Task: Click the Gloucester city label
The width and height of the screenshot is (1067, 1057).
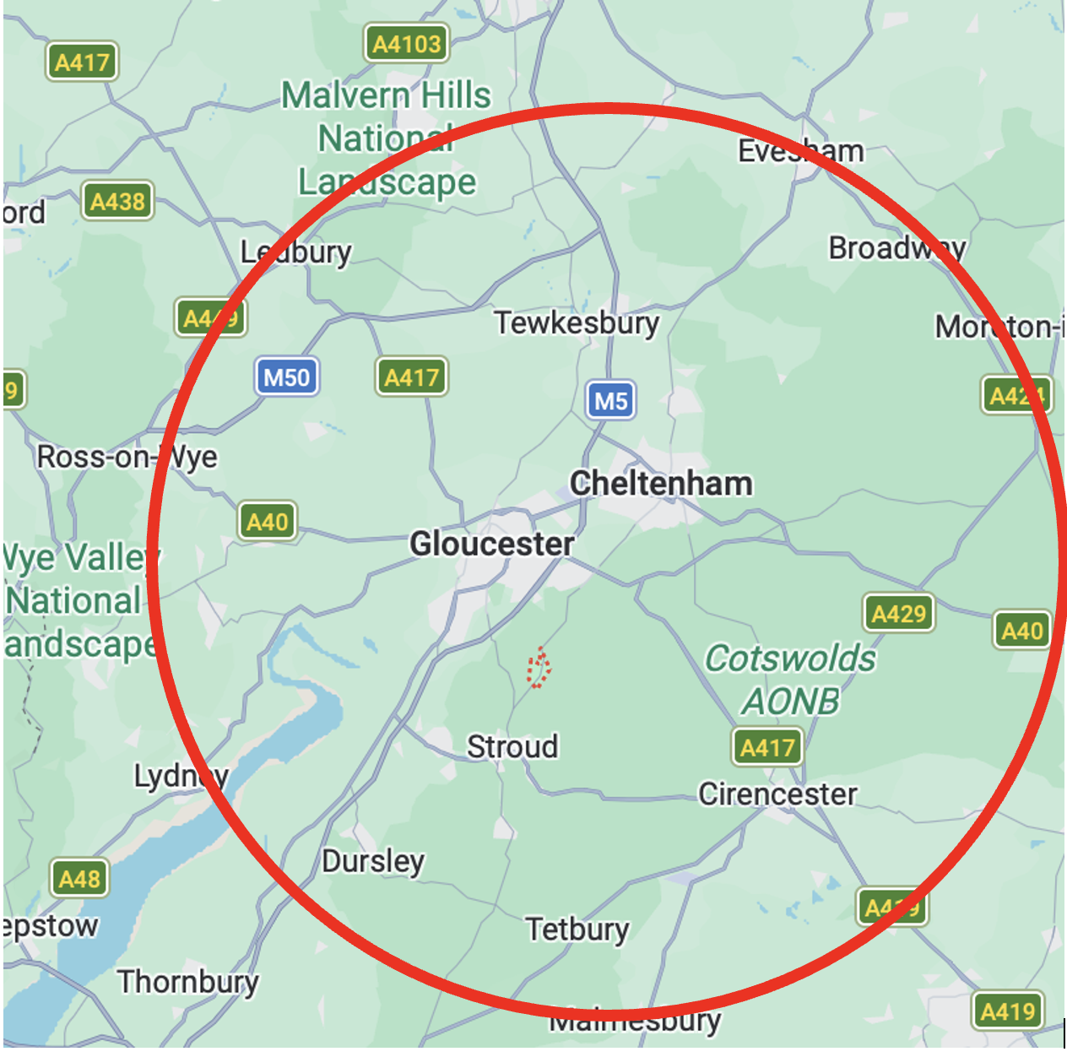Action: pos(491,544)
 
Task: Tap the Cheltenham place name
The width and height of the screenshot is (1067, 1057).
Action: pos(661,484)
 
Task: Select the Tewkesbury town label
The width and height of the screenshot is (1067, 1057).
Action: pos(577,323)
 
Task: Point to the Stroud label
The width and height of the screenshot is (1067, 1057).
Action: pos(512,746)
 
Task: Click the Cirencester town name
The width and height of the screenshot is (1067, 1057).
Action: pos(777,794)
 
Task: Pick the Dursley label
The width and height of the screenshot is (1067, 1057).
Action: pos(373,861)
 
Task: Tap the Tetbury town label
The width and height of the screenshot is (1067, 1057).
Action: pos(577,929)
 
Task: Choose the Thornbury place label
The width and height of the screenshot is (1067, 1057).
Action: pos(188,982)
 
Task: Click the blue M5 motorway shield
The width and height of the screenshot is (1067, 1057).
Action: pos(610,400)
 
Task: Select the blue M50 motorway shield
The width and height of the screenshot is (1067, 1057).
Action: pos(287,377)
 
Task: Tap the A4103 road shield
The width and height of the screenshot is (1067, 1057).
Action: pos(407,44)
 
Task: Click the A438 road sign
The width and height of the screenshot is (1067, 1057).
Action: pos(118,202)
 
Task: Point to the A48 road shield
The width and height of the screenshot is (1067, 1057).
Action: pos(80,879)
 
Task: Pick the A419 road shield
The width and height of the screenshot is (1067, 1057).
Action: pos(1007,1011)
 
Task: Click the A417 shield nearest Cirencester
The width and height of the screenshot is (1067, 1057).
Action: pos(766,747)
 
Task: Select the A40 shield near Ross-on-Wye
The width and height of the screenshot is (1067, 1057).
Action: pos(268,522)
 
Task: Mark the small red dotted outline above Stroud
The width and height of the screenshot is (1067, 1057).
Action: pos(539,668)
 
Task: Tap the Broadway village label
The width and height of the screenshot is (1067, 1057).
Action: pos(896,248)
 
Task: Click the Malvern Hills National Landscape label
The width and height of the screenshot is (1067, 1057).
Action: pos(387,138)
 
